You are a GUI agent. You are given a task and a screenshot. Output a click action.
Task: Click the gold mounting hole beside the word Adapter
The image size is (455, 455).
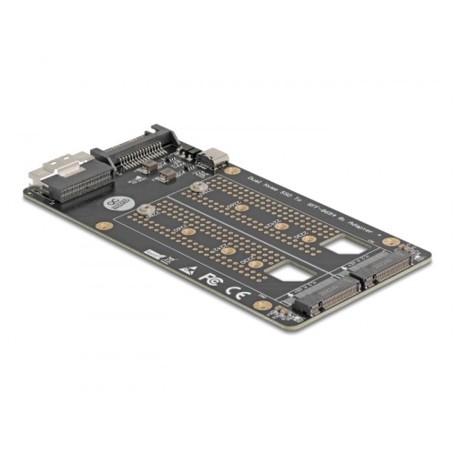pos(389,243)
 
